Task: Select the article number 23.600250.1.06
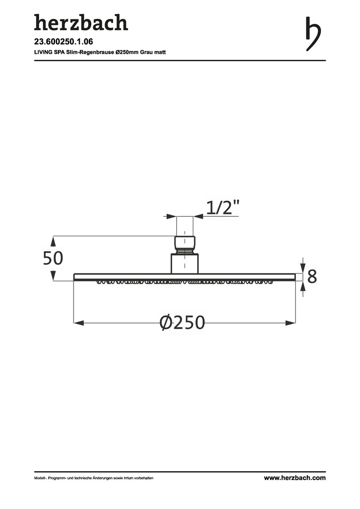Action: point(64,41)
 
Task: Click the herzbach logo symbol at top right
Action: point(313,34)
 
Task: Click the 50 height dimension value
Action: point(53,258)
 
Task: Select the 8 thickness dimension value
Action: point(311,277)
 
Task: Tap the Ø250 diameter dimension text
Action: point(182,322)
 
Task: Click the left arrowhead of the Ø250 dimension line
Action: point(79,323)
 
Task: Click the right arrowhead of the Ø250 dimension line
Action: point(291,323)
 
